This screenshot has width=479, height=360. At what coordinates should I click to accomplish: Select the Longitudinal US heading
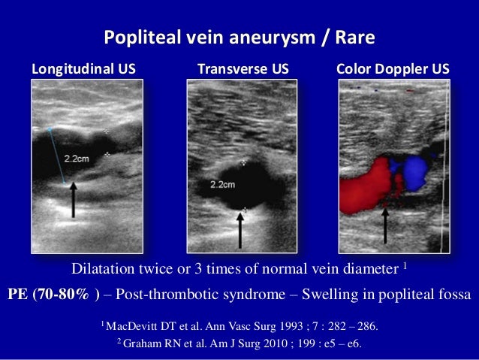(83, 70)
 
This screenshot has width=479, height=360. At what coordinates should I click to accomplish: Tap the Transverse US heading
(243, 70)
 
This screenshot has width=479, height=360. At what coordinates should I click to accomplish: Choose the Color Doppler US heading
(393, 70)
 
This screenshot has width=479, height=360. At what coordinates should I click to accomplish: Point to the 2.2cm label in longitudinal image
(77, 159)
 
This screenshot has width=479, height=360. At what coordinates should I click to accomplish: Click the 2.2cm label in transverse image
(223, 184)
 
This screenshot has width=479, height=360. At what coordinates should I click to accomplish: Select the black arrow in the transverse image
(240, 229)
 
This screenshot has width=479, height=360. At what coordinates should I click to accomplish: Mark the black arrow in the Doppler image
(385, 225)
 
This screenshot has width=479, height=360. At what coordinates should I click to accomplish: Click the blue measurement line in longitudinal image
(56, 154)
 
